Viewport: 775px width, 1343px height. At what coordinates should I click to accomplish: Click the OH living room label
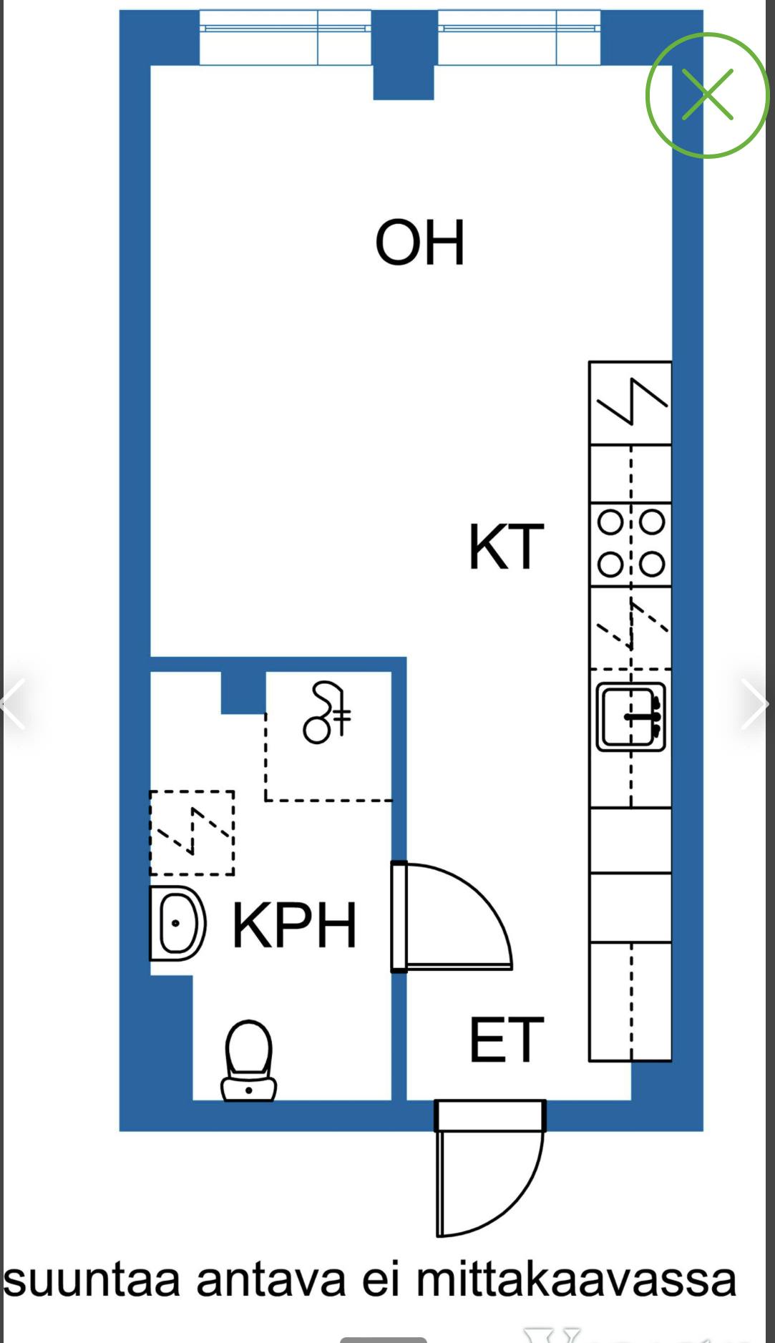point(420,243)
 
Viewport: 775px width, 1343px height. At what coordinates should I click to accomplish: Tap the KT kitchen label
point(507,547)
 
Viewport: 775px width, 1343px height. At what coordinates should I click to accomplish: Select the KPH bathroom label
point(295,924)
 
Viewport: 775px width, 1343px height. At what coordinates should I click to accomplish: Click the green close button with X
point(708,94)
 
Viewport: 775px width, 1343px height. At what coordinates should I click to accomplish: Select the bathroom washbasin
point(177,923)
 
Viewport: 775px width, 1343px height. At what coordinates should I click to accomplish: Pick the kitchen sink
point(631,716)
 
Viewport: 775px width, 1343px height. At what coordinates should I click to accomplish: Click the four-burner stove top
point(630,544)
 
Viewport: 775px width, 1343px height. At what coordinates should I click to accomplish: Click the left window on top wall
point(286,37)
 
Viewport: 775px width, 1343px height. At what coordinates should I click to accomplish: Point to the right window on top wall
point(519,37)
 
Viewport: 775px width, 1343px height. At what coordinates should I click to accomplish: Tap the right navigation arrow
point(755,704)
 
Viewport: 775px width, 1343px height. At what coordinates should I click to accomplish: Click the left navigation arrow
point(13,704)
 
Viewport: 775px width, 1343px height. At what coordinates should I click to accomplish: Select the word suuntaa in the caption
point(92,1281)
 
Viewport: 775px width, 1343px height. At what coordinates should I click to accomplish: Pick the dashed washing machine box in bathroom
point(192,833)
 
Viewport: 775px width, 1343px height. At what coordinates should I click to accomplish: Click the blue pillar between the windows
point(404,55)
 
